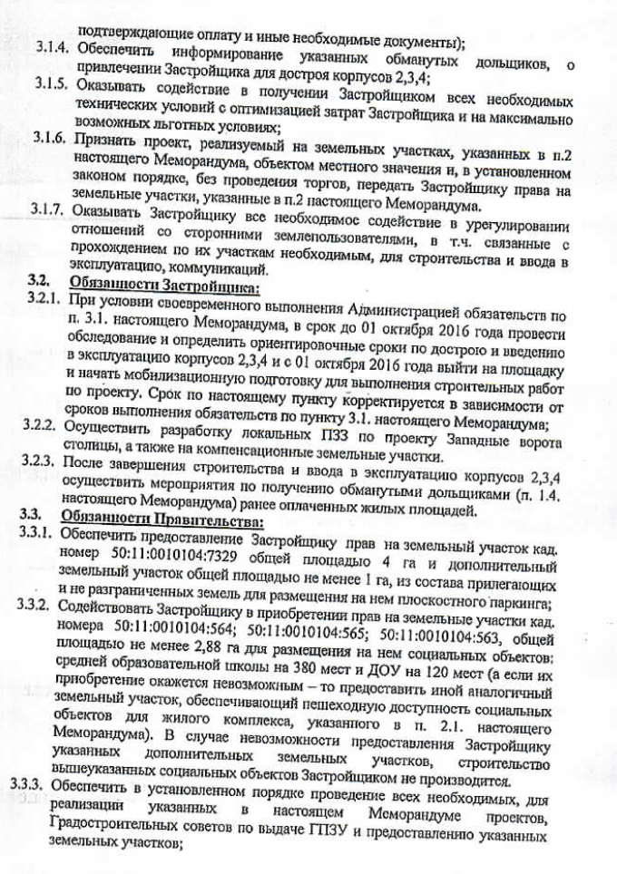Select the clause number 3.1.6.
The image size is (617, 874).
pos(52,139)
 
